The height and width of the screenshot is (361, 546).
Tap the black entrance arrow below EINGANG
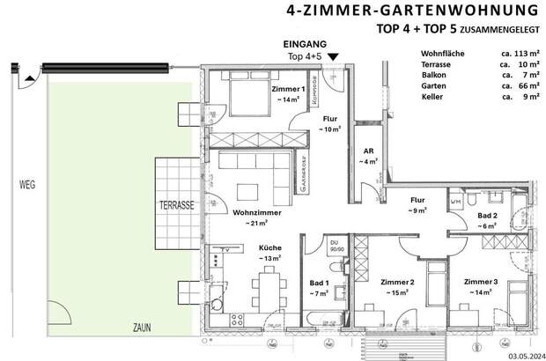333,57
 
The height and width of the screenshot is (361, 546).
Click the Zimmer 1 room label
288,90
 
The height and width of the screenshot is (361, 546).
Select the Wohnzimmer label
255,212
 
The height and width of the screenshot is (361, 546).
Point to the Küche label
269,248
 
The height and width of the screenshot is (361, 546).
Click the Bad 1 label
319,283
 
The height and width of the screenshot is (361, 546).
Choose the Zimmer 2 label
397,283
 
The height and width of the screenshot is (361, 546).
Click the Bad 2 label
488,215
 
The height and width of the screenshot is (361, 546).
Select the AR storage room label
369,151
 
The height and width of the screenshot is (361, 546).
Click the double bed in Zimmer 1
236,94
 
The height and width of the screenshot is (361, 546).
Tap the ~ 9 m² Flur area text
417,211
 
